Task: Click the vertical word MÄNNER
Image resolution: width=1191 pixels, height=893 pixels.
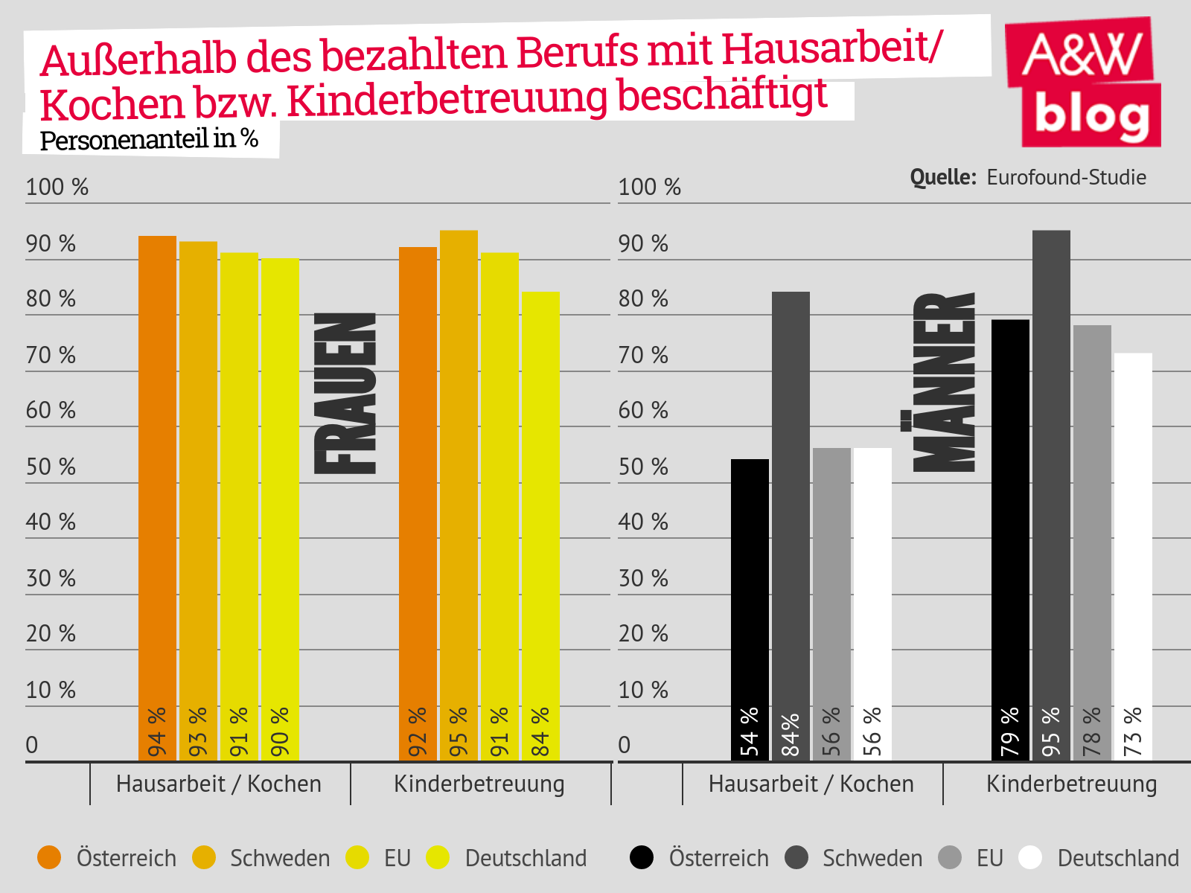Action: pos(944,383)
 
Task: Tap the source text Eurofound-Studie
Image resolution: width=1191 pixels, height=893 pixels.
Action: pos(1065,177)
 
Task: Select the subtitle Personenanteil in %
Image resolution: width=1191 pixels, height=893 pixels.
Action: pos(149,139)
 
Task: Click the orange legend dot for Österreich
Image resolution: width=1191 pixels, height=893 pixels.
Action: pos(49,857)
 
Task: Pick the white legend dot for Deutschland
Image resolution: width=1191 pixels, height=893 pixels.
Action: pos(1030,857)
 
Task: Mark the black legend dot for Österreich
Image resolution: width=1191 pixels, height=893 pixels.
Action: pos(641,857)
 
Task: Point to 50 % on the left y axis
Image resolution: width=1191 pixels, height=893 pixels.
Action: pos(51,467)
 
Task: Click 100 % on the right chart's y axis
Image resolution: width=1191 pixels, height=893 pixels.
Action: pos(649,187)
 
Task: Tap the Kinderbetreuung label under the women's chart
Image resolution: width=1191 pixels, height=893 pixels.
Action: pos(479,784)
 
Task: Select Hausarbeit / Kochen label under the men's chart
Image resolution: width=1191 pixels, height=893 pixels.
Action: pos(811,784)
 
